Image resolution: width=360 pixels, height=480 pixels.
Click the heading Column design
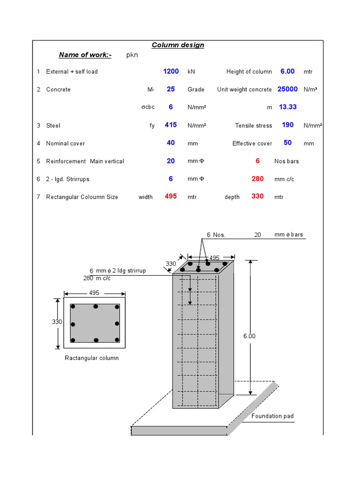pos(178,45)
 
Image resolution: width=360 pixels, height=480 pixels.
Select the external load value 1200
pos(171,71)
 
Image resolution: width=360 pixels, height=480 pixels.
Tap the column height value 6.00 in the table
pos(287,71)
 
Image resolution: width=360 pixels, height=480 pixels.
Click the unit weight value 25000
pos(287,89)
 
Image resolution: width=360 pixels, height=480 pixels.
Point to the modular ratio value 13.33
pos(287,107)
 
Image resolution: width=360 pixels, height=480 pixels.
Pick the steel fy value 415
pos(171,125)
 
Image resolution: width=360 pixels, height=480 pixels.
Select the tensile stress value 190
pos(287,125)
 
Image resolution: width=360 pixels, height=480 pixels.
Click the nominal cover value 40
pos(171,142)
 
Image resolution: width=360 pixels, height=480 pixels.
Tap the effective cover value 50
pos(287,142)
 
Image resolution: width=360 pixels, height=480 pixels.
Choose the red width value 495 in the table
pos(171,196)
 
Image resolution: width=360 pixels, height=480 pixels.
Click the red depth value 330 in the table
pos(257,196)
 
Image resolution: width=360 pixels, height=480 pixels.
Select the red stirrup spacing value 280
pos(257,179)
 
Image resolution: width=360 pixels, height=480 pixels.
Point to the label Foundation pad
pos(272,416)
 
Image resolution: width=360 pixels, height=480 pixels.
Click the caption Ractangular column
pos(91,358)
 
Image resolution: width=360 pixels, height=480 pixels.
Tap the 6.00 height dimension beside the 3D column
pos(249,336)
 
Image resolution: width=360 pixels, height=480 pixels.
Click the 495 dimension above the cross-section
pos(94,293)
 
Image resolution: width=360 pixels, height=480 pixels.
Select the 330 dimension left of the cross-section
pos(57,322)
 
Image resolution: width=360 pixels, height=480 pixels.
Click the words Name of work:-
pos(85,55)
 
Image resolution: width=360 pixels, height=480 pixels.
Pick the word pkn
pos(133,55)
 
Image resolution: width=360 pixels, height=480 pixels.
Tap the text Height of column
pos(249,72)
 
